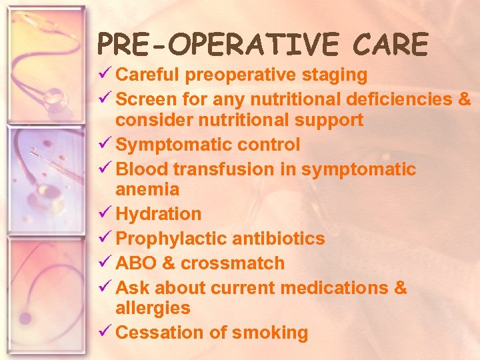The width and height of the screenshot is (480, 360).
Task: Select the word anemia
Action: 147,190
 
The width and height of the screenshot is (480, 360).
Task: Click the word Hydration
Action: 158,214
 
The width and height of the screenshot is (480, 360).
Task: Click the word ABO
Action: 136,263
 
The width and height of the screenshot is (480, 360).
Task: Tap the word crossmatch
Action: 233,263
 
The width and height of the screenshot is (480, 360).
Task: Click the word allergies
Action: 153,309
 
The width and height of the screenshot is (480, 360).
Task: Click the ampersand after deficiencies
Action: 465,99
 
